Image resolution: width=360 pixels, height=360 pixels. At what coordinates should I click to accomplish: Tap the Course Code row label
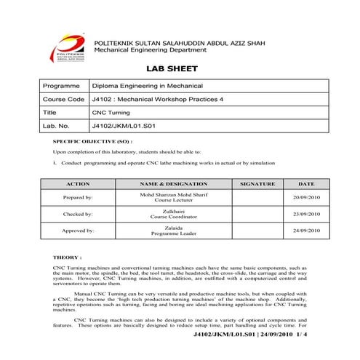[64, 99]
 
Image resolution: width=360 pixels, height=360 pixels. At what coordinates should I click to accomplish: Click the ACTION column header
[77, 184]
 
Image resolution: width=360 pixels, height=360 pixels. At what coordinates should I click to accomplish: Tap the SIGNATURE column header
[257, 184]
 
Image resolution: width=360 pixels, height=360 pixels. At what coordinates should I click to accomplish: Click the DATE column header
[306, 184]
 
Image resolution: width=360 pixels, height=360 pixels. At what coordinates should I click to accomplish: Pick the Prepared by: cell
[77, 197]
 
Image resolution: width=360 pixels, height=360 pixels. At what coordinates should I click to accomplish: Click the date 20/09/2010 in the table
[306, 197]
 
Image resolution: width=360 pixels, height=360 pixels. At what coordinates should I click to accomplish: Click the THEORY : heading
[68, 257]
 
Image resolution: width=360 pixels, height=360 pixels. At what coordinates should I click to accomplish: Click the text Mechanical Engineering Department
[153, 50]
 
